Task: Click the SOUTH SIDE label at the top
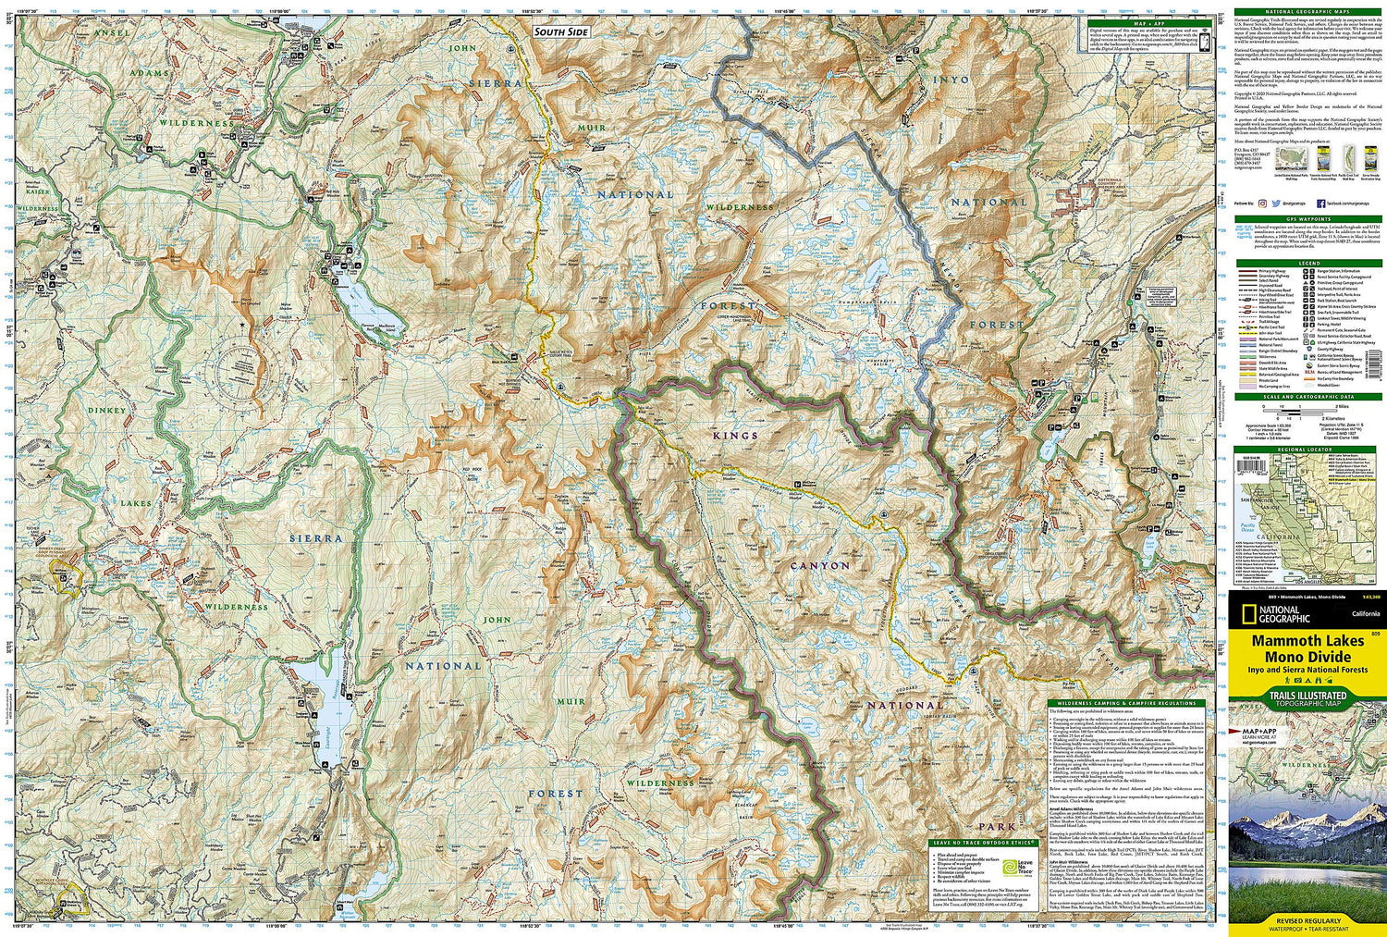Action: pyautogui.click(x=560, y=32)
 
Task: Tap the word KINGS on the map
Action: pyautogui.click(x=735, y=435)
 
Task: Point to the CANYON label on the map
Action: pyautogui.click(x=820, y=565)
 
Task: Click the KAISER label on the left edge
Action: pyautogui.click(x=37, y=191)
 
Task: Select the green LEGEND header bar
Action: pyautogui.click(x=1308, y=264)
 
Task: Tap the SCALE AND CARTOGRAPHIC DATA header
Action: pyautogui.click(x=1308, y=397)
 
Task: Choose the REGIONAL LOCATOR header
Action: pyautogui.click(x=1308, y=449)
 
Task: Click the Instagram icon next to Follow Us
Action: pyautogui.click(x=1262, y=202)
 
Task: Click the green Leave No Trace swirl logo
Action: pyautogui.click(x=1024, y=866)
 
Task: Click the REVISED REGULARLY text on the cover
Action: pyautogui.click(x=1307, y=921)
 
